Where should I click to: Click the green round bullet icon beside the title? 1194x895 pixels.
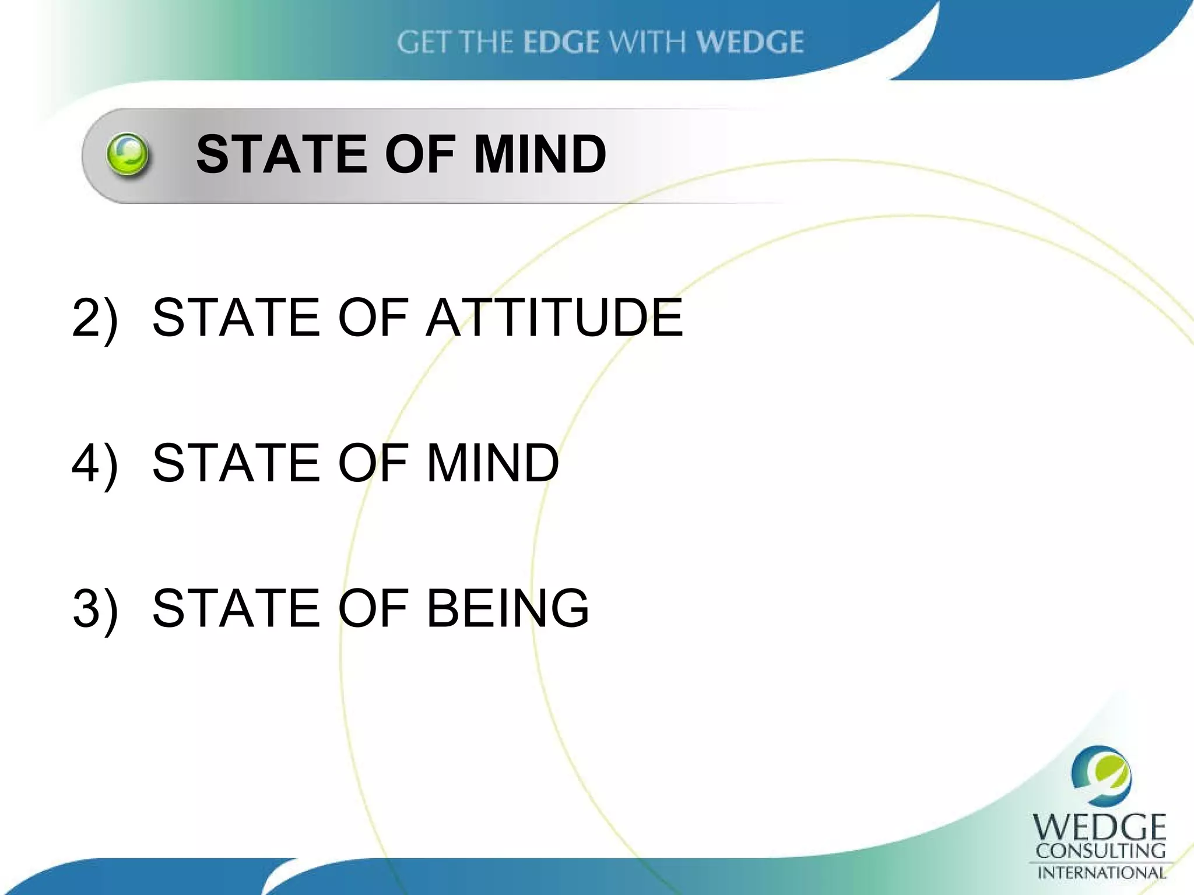click(x=128, y=155)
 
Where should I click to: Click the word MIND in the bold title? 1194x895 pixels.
click(x=540, y=155)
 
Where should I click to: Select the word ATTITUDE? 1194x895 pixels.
click(x=554, y=318)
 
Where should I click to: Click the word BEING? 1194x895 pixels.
click(x=508, y=608)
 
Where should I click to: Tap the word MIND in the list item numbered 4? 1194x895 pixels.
click(x=493, y=463)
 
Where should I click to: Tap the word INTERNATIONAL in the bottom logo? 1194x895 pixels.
click(x=1101, y=873)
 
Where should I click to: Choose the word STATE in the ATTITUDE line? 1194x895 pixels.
click(x=236, y=318)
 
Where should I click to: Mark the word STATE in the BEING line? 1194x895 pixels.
click(x=236, y=608)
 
